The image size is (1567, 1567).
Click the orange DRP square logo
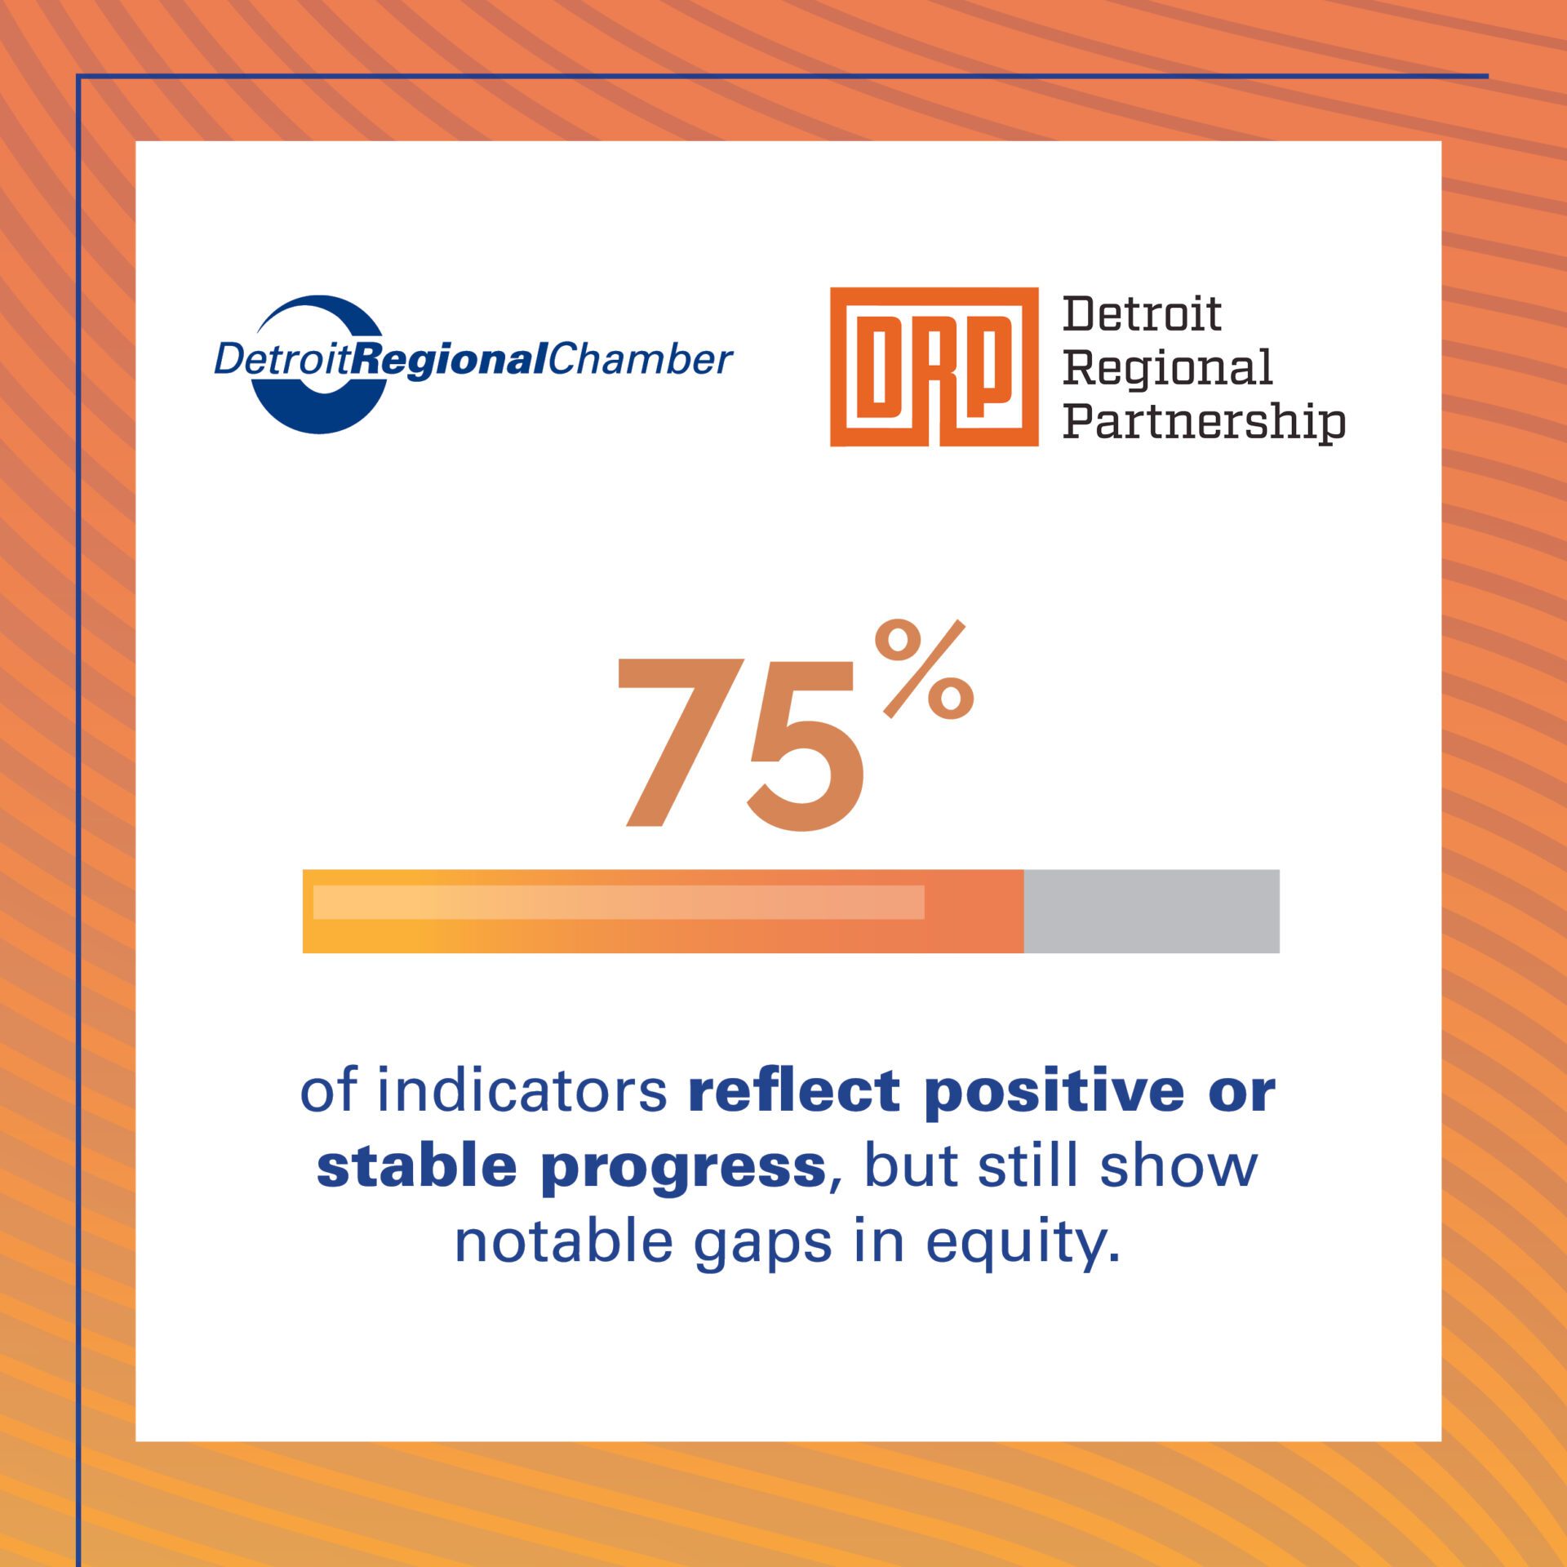pyautogui.click(x=934, y=366)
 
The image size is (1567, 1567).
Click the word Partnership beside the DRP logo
pyautogui.click(x=1204, y=422)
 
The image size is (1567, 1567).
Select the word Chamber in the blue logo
pyautogui.click(x=640, y=360)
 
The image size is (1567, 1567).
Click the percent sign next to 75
pyautogui.click(x=925, y=669)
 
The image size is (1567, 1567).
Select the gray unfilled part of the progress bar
pyautogui.click(x=1151, y=911)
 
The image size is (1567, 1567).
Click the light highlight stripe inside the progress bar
pyautogui.click(x=619, y=902)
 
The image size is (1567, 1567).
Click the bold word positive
pyautogui.click(x=1054, y=1092)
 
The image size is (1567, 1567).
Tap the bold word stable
pyautogui.click(x=416, y=1166)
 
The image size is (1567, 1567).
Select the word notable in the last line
pyautogui.click(x=563, y=1241)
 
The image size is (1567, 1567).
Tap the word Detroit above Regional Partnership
pyautogui.click(x=1142, y=314)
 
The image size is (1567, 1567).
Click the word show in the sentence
pyautogui.click(x=1179, y=1166)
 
